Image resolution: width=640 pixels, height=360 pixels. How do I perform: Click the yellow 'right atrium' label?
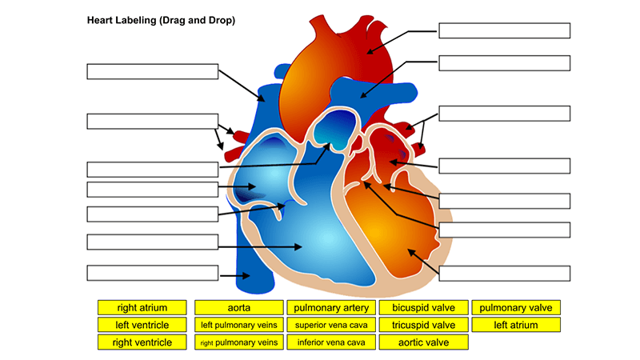tap(142, 307)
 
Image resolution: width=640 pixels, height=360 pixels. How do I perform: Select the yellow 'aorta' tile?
tap(238, 307)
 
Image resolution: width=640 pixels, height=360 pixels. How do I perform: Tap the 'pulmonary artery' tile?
tap(330, 307)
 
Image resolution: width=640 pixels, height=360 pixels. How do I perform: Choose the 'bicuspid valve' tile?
tap(423, 307)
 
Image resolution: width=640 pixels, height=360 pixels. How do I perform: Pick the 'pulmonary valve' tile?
tap(515, 307)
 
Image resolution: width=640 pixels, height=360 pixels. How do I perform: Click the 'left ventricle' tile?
tap(142, 325)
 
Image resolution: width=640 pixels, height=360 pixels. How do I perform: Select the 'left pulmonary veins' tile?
tap(238, 325)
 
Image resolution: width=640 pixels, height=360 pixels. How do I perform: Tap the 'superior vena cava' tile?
tap(330, 325)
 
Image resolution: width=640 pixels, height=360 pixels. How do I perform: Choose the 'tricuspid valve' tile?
tap(423, 325)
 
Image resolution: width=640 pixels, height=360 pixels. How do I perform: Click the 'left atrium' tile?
tap(515, 325)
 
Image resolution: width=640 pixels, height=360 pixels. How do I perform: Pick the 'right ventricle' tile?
tap(142, 342)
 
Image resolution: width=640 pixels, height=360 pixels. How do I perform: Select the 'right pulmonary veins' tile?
tap(238, 342)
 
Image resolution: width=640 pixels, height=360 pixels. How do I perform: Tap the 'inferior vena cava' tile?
tap(330, 342)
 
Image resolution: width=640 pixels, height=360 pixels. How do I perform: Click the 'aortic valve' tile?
tap(423, 342)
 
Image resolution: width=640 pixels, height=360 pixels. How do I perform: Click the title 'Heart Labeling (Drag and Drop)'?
tap(161, 20)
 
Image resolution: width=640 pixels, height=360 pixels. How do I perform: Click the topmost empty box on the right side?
tap(504, 30)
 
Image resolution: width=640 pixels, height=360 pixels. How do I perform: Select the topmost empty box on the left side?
tap(152, 71)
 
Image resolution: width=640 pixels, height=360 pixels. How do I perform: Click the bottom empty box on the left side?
tap(152, 273)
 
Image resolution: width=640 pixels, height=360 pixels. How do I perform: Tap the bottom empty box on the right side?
tap(504, 273)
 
